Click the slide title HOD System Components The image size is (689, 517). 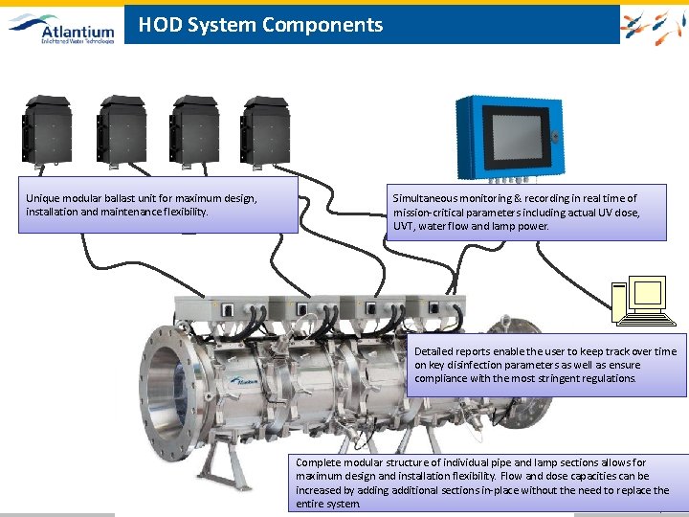tap(260, 26)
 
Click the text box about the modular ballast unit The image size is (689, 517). tap(158, 205)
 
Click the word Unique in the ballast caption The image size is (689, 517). tap(43, 198)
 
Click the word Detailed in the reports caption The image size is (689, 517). tap(435, 351)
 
